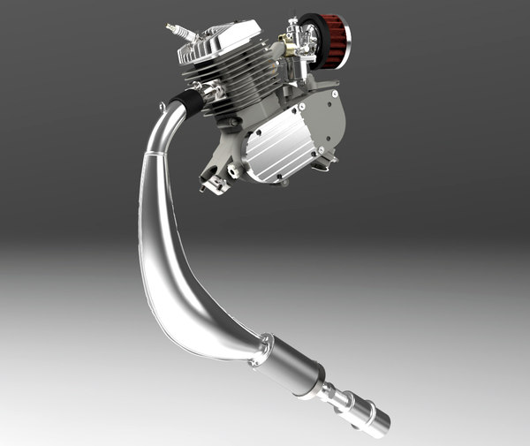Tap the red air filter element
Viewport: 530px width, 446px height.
pyautogui.click(x=333, y=40)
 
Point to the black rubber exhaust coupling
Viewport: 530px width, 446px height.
pyautogui.click(x=188, y=102)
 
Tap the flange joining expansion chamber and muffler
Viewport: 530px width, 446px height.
pyautogui.click(x=260, y=350)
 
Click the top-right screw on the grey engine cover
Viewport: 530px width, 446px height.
pyautogui.click(x=336, y=87)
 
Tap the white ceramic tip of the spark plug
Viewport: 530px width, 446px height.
pyautogui.click(x=172, y=29)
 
